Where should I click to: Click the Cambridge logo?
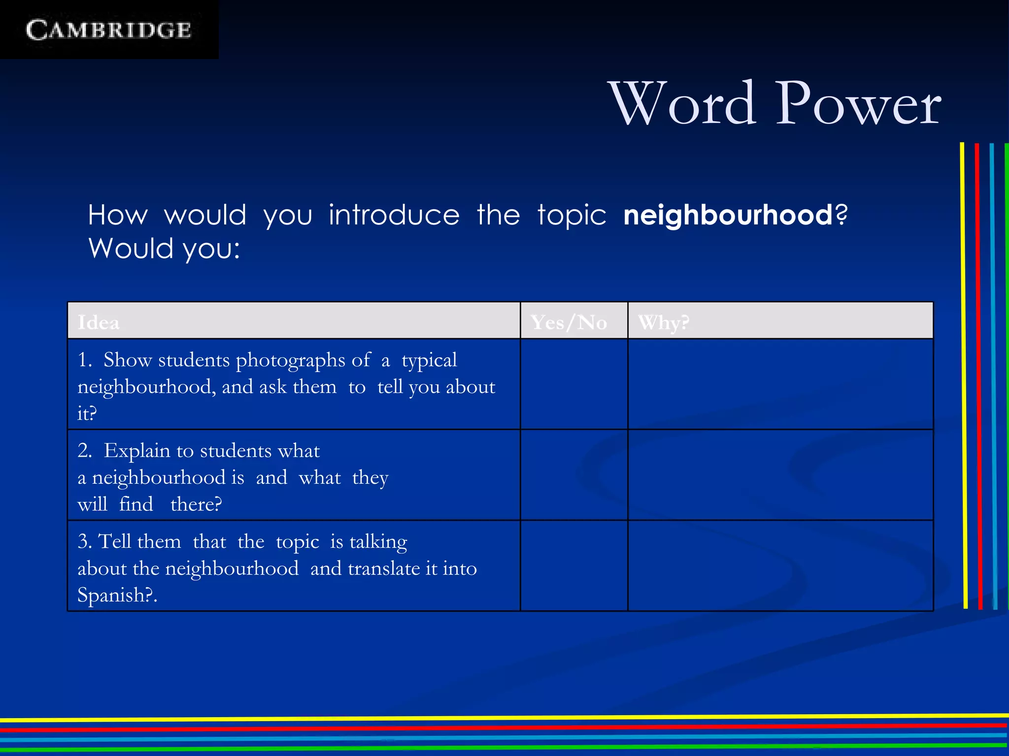pyautogui.click(x=108, y=30)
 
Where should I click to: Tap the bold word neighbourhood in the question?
pyautogui.click(x=728, y=215)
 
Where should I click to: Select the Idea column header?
pyautogui.click(x=99, y=323)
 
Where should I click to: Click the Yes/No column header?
pyautogui.click(x=569, y=323)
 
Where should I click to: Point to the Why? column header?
pyautogui.click(x=663, y=323)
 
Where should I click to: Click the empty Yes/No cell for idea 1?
pyautogui.click(x=574, y=384)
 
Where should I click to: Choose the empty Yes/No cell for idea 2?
pyautogui.click(x=574, y=475)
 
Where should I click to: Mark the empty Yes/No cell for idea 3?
pyautogui.click(x=574, y=566)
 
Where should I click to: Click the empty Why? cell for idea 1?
pyautogui.click(x=780, y=384)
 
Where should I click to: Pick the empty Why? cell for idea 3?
pyautogui.click(x=780, y=566)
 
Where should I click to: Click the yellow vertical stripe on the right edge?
pyautogui.click(x=963, y=374)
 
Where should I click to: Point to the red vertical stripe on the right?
pyautogui.click(x=978, y=374)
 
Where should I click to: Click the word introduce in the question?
pyautogui.click(x=394, y=215)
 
